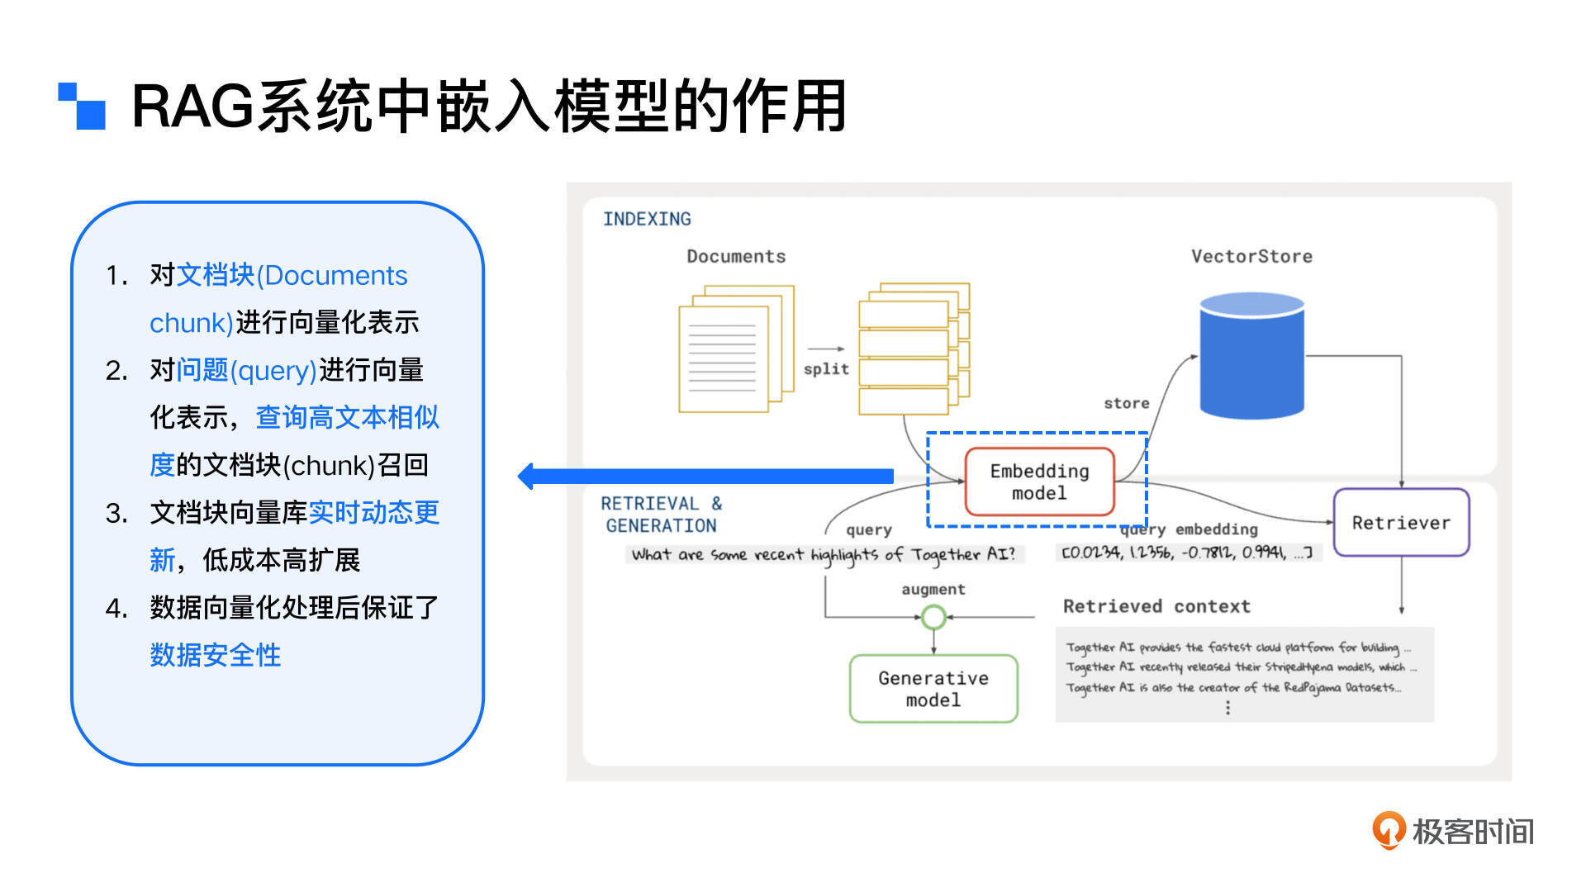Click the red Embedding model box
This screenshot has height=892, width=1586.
(1039, 482)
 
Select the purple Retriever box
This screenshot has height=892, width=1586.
(1401, 522)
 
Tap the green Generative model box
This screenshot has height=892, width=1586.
(933, 689)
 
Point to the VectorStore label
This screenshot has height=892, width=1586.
(1251, 256)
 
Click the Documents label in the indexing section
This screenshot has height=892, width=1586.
(736, 256)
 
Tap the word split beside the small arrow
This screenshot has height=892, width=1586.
(826, 369)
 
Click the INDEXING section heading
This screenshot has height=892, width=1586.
(647, 219)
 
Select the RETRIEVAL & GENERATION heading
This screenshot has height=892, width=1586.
(661, 514)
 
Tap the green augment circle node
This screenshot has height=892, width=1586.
(933, 617)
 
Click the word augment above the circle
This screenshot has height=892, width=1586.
(933, 589)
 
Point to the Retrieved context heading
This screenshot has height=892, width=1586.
(1156, 606)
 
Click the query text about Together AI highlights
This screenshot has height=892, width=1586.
(824, 554)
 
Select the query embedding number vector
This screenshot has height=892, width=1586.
(1187, 553)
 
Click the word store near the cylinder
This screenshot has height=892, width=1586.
(1127, 403)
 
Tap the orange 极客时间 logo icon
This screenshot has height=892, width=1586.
(1388, 829)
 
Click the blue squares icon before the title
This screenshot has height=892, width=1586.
(82, 106)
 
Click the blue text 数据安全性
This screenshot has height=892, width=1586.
(216, 655)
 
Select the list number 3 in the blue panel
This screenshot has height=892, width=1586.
(116, 513)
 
